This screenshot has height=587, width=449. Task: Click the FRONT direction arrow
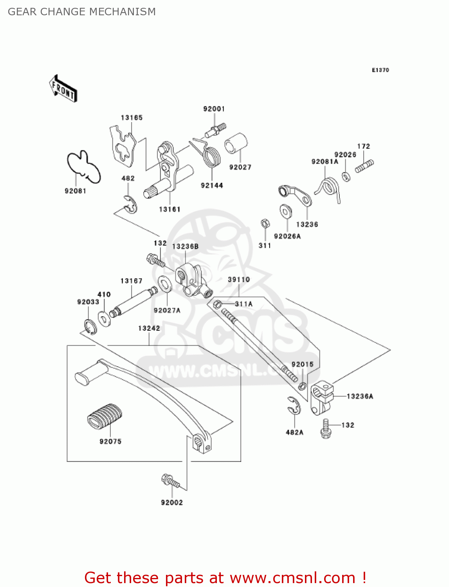coord(63,89)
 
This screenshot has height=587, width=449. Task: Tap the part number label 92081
coord(75,191)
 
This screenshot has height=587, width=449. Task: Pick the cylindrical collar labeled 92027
coord(236,146)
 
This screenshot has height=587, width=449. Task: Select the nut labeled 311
coord(265,223)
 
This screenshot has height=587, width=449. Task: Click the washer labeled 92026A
coord(286,211)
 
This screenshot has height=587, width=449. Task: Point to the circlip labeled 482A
coord(293,405)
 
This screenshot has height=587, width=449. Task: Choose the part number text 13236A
coord(360,396)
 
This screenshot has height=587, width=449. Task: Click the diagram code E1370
coord(380,70)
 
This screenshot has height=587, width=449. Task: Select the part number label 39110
coord(239,279)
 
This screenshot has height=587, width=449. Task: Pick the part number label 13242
coord(149,328)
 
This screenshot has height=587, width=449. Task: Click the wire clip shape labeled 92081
coord(83,166)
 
